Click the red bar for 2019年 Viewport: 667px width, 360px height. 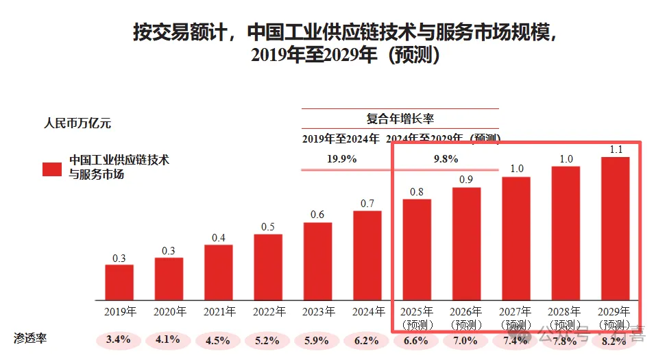[119, 283]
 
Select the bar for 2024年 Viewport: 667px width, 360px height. [367, 256]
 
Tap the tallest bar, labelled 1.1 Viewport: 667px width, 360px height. [615, 229]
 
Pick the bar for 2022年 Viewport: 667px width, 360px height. [268, 267]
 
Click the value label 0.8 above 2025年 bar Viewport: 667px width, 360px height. [417, 192]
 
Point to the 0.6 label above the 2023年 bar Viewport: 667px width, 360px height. [317, 215]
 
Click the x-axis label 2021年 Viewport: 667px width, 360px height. [219, 312]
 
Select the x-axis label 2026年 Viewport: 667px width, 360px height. [466, 312]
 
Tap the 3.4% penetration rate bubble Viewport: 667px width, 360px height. [119, 339]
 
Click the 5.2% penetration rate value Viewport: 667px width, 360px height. [268, 339]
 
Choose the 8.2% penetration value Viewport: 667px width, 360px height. [615, 339]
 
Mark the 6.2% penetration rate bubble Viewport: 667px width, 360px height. [367, 339]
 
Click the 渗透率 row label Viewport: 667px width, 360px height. [31, 339]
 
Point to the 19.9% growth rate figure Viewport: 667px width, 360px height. [341, 159]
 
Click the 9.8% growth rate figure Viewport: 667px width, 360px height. [446, 159]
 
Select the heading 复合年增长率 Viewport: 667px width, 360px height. [400, 118]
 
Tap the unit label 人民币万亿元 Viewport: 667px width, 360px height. [77, 124]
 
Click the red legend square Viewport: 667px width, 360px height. [52, 169]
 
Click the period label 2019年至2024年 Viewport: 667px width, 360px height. [341, 139]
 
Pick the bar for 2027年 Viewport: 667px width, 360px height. [516, 239]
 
